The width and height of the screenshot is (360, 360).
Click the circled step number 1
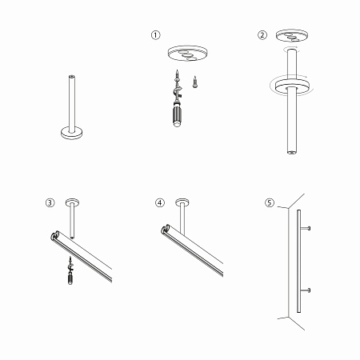pyautogui.click(x=156, y=35)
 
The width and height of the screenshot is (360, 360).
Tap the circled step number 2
pyautogui.click(x=262, y=34)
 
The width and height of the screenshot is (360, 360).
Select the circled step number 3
pyautogui.click(x=50, y=202)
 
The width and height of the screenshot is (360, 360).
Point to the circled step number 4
pyautogui.click(x=159, y=202)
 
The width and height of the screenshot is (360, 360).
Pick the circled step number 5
pyautogui.click(x=270, y=202)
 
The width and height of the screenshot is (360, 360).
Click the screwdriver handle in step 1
pyautogui.click(x=177, y=114)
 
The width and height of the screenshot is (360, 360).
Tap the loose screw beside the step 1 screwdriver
pyautogui.click(x=195, y=82)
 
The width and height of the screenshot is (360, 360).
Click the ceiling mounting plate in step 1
pyautogui.click(x=187, y=54)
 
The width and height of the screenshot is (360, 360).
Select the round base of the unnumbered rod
pyautogui.click(x=71, y=133)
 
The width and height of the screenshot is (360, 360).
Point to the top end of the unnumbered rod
pyautogui.click(x=71, y=77)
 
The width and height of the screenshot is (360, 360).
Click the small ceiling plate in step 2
pyautogui.click(x=292, y=36)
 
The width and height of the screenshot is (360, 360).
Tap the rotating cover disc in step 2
pyautogui.click(x=292, y=87)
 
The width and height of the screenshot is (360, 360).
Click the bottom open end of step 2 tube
pyautogui.click(x=292, y=152)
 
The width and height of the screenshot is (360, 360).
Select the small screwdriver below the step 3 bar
pyautogui.click(x=70, y=270)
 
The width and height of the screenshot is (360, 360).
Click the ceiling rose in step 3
pyautogui.click(x=72, y=203)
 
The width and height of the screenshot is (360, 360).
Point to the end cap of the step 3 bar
pyautogui.click(x=55, y=235)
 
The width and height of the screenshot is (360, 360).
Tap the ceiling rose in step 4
pyautogui.click(x=182, y=202)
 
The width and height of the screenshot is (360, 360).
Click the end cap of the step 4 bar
pyautogui.click(x=166, y=230)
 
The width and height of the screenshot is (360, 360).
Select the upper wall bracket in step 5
pyautogui.click(x=305, y=228)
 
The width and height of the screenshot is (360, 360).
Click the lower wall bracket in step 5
pyautogui.click(x=305, y=290)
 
